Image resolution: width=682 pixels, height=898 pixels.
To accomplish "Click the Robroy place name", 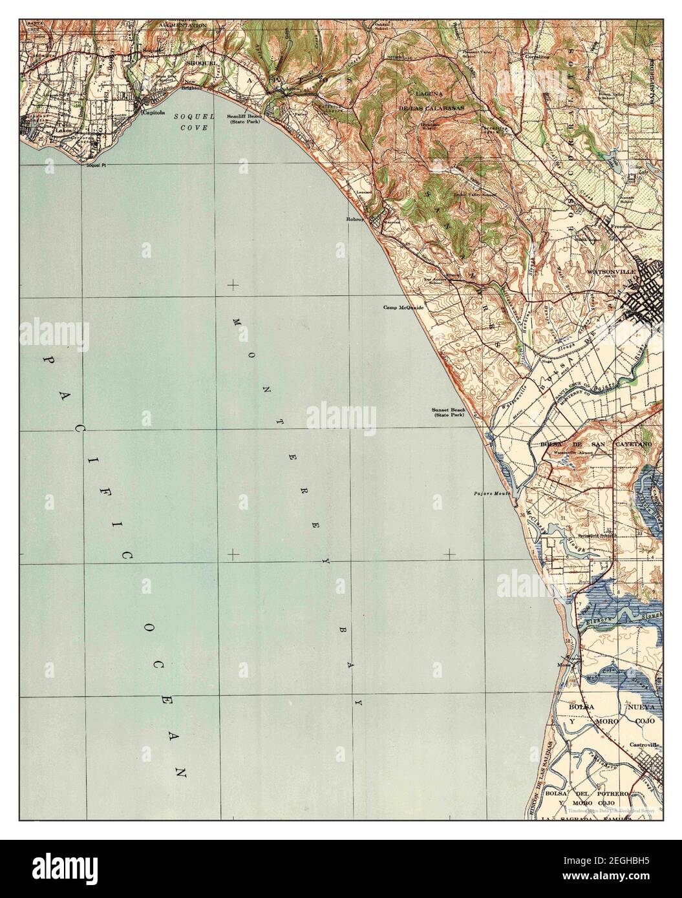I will pos(356,220).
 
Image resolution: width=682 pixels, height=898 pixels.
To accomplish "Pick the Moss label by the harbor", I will pos(560,663).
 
